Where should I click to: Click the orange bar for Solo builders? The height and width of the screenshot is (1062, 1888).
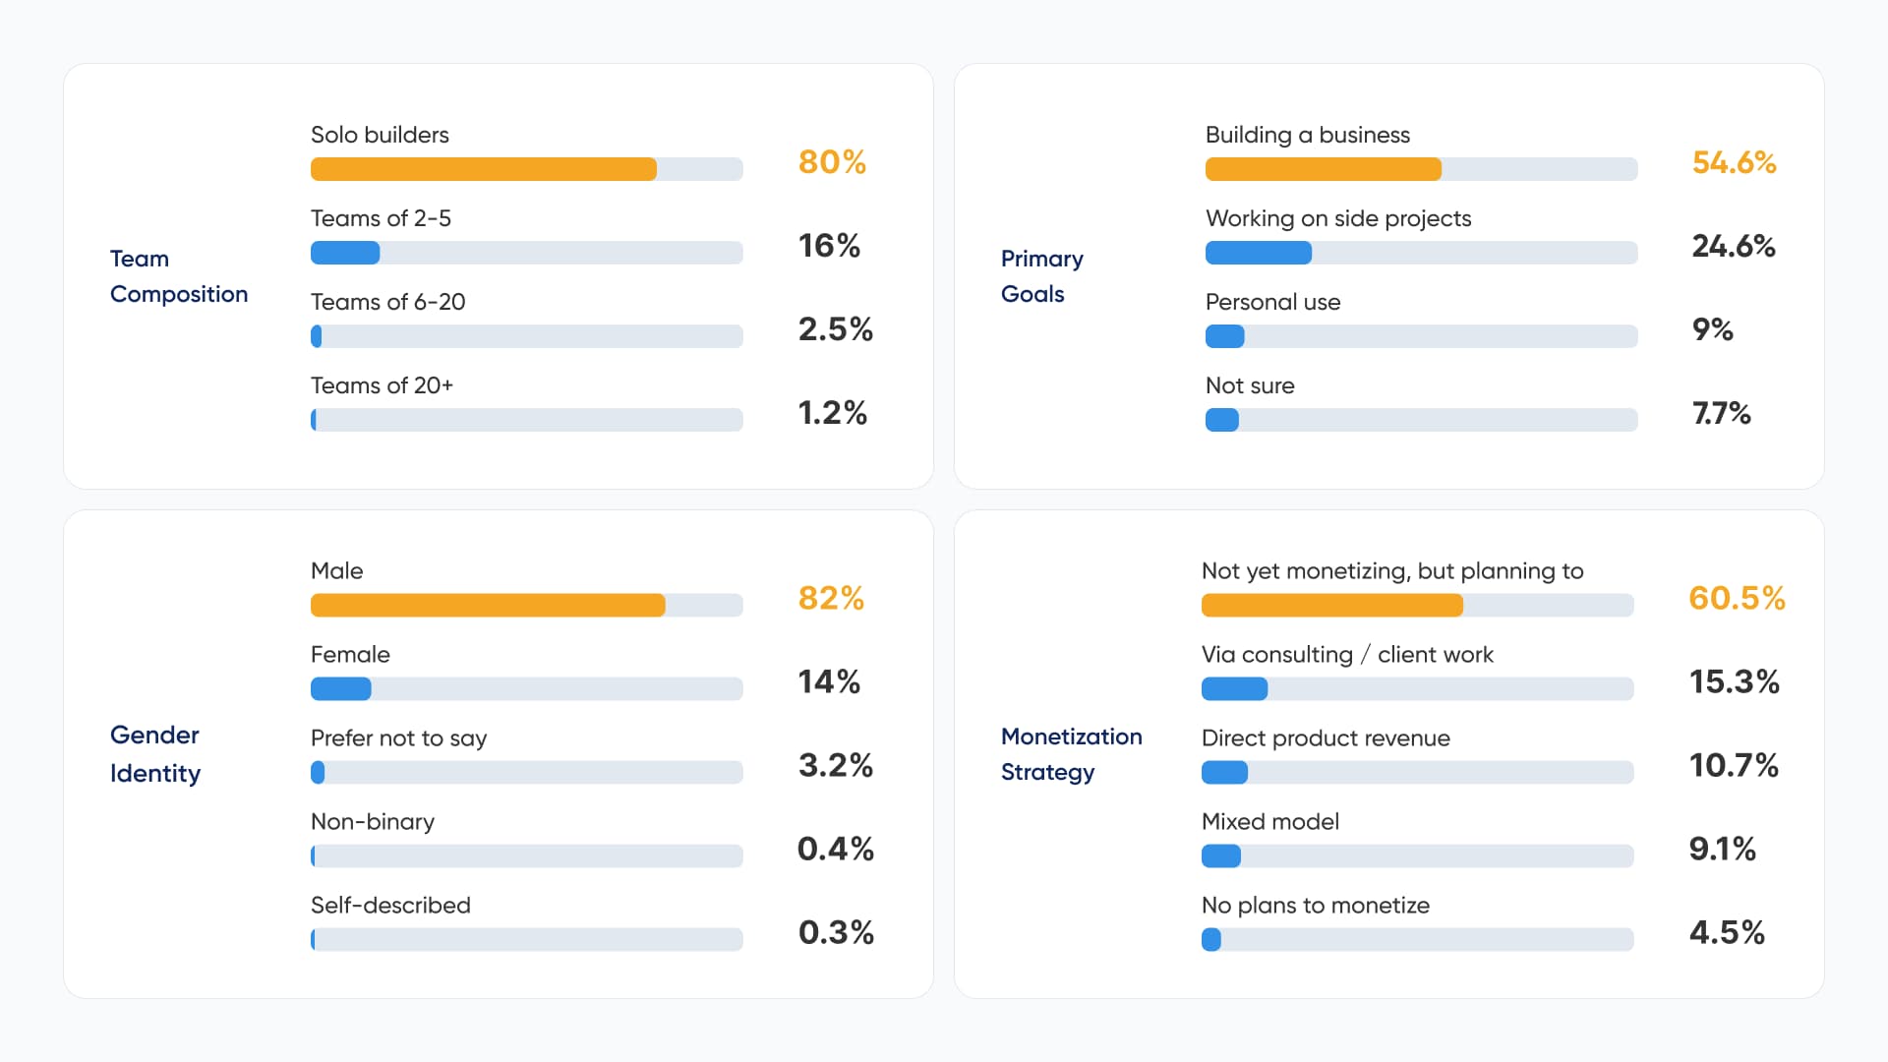point(484,169)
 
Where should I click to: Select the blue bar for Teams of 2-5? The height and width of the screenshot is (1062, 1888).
point(345,253)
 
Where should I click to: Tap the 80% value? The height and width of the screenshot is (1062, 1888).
point(832,162)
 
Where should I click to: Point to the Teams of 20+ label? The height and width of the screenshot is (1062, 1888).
point(382,385)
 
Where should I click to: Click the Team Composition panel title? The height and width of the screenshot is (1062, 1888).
point(179,276)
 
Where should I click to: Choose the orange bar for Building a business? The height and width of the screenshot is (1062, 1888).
point(1324,169)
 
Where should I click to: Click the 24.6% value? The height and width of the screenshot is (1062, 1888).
point(1734,246)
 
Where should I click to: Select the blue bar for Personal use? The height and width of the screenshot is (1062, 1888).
point(1225,336)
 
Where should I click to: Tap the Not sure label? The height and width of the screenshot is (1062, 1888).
point(1250,385)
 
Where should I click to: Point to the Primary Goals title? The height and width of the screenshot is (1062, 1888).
point(1042,276)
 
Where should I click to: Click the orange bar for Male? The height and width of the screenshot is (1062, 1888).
point(488,605)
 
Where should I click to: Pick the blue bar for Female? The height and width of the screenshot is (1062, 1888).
point(341,688)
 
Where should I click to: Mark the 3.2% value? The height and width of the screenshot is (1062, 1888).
point(836,765)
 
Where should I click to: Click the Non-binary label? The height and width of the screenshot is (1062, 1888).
point(373,821)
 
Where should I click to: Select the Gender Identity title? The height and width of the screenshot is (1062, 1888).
point(155,754)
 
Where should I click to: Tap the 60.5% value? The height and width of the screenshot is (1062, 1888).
point(1737,598)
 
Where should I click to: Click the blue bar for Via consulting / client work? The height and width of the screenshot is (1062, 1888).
point(1235,688)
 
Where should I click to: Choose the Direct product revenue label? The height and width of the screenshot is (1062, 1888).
point(1326,738)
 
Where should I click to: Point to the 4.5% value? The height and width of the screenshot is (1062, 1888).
point(1727,932)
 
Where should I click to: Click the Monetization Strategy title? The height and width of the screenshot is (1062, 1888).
point(1072,754)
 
